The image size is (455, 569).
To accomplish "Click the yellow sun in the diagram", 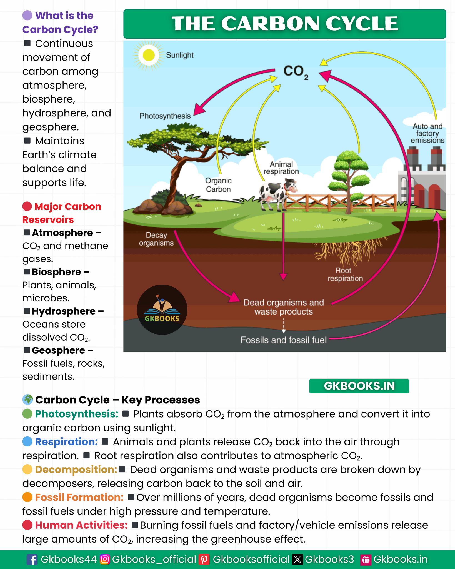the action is coord(149,55).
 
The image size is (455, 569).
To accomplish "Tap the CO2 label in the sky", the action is coord(296,72).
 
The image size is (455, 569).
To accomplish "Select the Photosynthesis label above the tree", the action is coord(165,116).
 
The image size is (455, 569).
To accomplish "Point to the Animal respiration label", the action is coord(281,168).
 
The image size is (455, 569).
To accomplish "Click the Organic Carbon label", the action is coord(218,185).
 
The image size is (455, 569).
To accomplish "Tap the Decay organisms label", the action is coord(156,239).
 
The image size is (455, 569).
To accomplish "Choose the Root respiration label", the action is coord(345,274).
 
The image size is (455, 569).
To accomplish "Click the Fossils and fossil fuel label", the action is coord(283,340).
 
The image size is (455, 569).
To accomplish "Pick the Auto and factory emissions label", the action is coord(427,133).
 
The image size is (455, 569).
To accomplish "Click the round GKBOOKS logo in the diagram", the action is coord(162,310).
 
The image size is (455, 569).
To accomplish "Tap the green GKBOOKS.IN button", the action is coord(359,386).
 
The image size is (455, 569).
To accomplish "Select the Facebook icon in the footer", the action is coord(32,559).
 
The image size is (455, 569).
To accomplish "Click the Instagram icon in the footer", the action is coord(105,559).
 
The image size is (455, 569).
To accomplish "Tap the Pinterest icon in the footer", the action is coord(204,559).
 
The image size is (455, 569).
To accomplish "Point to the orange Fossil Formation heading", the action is coord(79,497).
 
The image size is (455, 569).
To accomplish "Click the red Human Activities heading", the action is coord(81,525).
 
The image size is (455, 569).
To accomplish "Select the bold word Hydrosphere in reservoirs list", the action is coord(64,311).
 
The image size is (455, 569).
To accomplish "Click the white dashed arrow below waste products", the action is coord(284,326).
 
